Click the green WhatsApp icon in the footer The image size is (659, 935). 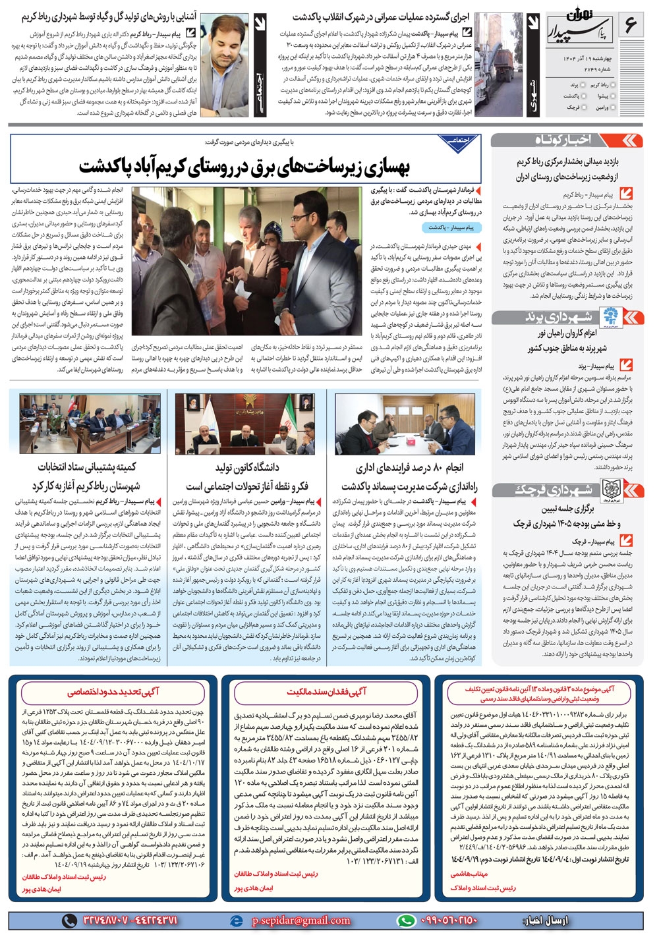407,921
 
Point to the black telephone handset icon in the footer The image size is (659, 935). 69,921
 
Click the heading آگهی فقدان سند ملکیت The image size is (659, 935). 326,691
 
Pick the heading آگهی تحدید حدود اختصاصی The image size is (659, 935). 113,691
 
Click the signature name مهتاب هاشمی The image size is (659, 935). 469,874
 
